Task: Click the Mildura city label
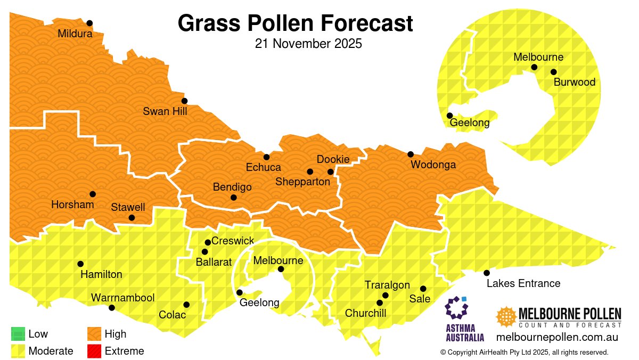click(x=75, y=34)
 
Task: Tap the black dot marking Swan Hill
click(x=184, y=101)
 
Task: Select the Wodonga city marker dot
click(x=411, y=154)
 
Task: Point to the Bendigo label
click(x=232, y=187)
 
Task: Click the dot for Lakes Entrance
click(x=487, y=273)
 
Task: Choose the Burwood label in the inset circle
click(x=574, y=83)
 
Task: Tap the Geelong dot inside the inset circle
click(x=450, y=116)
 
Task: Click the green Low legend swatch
click(x=18, y=334)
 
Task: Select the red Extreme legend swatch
click(x=94, y=351)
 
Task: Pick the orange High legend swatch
click(x=94, y=334)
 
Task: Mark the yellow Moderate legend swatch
click(x=18, y=351)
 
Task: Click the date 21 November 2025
click(x=308, y=44)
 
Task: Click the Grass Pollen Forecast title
click(x=295, y=23)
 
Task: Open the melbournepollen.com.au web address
click(x=556, y=337)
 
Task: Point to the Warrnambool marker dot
click(x=112, y=308)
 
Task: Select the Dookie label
click(x=333, y=160)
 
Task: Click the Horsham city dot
click(x=93, y=194)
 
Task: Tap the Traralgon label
click(x=387, y=285)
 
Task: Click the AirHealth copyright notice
click(x=524, y=353)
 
